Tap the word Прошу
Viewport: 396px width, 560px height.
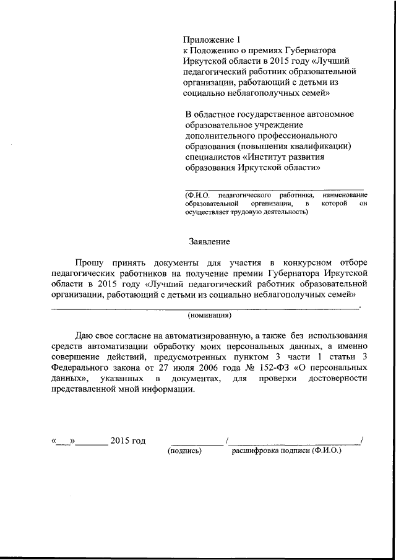point(88,262)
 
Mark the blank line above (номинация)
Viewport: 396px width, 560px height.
point(204,307)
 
